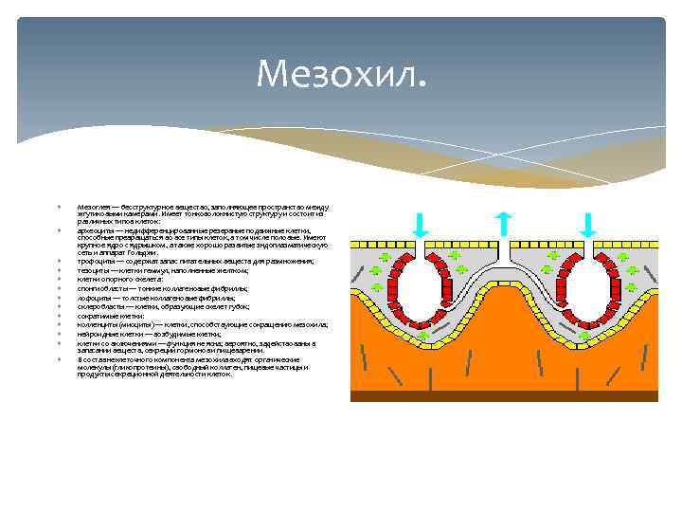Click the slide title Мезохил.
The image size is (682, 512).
point(341,72)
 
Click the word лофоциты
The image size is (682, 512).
point(92,298)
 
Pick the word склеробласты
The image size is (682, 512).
point(98,306)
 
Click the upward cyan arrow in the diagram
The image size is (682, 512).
point(505,224)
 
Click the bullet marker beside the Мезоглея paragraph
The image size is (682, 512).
point(58,204)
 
